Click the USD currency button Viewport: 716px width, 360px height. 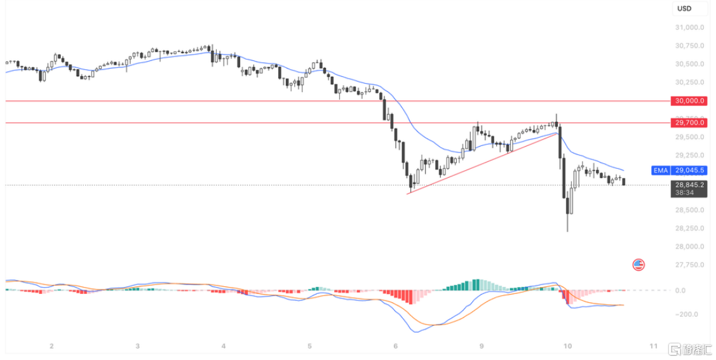684,8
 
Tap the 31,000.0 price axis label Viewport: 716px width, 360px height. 689,27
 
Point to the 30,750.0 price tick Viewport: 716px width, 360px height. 689,46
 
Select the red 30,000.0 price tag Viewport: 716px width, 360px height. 689,101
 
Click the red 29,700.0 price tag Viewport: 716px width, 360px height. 689,123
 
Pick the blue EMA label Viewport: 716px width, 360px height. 661,171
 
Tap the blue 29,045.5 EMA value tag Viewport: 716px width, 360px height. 689,171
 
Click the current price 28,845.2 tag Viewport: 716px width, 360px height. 689,185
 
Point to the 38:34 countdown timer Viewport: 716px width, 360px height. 684,192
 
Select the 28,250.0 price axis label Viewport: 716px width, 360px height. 689,228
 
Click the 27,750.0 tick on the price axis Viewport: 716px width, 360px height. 689,265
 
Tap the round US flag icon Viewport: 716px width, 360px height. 638,264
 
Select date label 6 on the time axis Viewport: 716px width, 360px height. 395,346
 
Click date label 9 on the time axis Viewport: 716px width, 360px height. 482,346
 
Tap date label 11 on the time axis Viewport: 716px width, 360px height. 654,346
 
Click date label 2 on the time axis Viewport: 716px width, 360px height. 51,346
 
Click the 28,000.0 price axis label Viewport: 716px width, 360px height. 689,246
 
